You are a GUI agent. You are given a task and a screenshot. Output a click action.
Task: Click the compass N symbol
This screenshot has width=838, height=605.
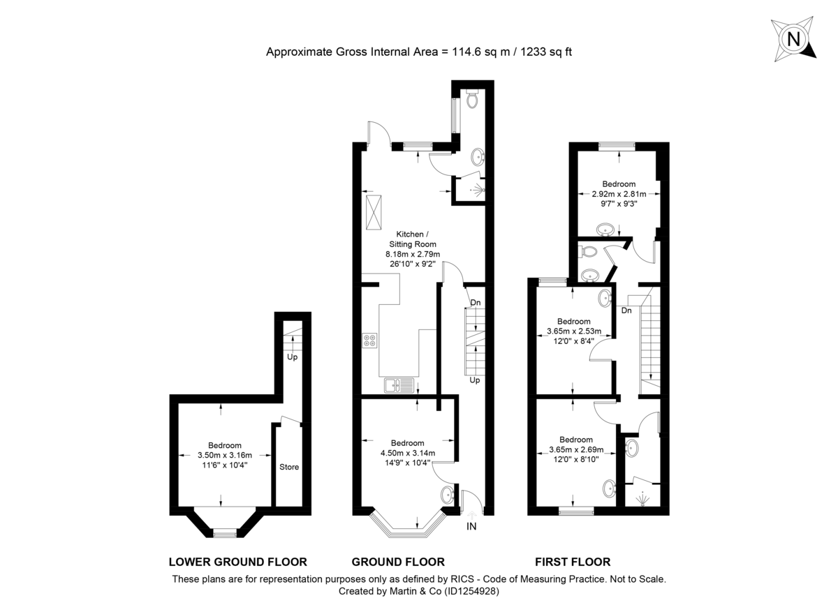point(793,39)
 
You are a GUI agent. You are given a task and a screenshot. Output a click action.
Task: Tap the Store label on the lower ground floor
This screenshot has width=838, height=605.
point(289,467)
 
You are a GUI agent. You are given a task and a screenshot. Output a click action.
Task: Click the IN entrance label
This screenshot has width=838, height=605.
point(471,527)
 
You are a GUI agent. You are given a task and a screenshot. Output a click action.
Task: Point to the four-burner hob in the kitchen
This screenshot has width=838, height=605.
point(370,341)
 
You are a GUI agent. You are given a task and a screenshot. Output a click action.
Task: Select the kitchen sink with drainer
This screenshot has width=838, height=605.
point(398,384)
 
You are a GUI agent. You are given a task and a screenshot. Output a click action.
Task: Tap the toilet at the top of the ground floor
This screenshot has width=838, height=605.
point(473,100)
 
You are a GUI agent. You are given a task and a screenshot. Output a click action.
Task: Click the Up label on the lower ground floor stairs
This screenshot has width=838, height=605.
point(292,357)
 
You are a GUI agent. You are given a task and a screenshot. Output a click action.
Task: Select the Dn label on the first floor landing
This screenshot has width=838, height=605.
point(626,311)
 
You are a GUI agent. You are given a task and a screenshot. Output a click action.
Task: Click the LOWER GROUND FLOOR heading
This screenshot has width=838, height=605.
point(238,562)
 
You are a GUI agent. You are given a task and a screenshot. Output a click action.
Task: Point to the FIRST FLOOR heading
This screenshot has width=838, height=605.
point(573,562)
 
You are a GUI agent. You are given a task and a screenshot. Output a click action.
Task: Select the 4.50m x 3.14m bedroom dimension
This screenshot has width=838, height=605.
point(407,453)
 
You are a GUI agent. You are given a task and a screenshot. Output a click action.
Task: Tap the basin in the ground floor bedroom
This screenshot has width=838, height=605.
point(447,495)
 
